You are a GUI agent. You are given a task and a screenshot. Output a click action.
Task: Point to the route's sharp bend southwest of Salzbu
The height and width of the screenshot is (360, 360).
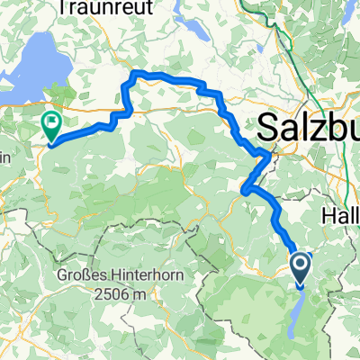coord(245,188)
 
